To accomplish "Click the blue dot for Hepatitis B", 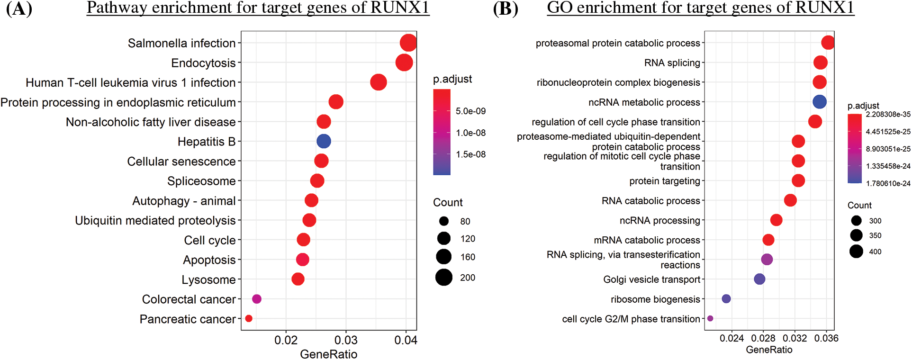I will [324, 141].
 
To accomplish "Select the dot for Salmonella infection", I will [408, 43].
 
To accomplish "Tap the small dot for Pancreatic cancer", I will [249, 318].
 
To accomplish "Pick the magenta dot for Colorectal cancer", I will [257, 299].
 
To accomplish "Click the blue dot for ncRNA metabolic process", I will [820, 102].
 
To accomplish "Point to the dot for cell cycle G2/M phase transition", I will [710, 318].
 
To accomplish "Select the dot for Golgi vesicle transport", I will [759, 279].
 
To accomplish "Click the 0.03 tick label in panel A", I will [346, 340].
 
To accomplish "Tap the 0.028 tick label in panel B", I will [763, 338].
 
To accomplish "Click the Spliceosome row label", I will [201, 181].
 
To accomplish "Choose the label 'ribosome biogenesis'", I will [655, 299].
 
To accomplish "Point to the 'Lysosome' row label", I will [208, 280].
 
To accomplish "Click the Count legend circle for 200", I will [444, 277].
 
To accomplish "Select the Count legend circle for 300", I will [856, 220].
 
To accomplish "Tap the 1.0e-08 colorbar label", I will [470, 133].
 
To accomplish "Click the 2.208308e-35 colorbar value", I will [888, 114].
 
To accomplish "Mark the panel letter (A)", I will [19, 9].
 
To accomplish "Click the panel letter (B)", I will [506, 9].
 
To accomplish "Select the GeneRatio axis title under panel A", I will [329, 354].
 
